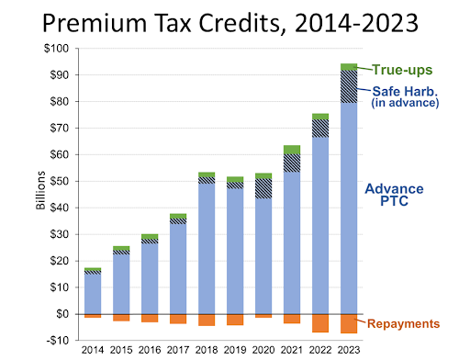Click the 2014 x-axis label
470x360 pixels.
(93, 351)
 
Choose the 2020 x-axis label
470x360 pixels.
(263, 351)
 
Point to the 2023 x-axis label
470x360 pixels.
(349, 351)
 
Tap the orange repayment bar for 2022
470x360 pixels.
(320, 322)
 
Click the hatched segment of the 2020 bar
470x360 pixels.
(263, 188)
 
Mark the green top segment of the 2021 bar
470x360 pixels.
(292, 149)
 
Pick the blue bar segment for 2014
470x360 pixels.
(93, 293)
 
